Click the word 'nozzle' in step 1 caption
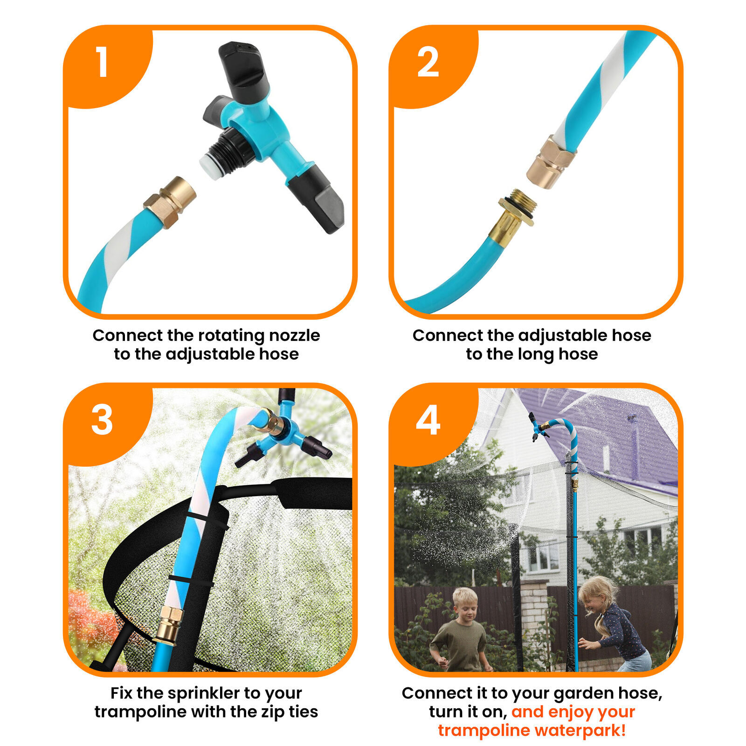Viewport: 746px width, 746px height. point(294,335)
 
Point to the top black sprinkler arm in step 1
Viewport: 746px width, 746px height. point(243,70)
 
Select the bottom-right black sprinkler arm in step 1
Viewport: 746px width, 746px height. point(316,198)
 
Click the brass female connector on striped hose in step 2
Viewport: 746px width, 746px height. point(550,161)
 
